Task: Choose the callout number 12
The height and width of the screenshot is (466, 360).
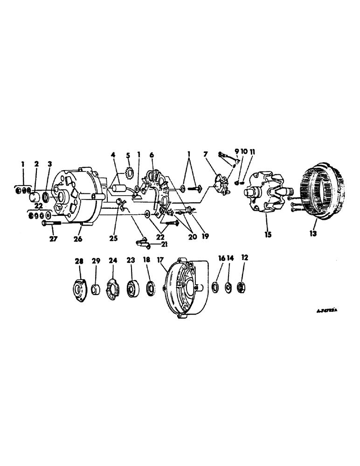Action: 245,258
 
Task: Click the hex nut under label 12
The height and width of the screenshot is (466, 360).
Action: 243,287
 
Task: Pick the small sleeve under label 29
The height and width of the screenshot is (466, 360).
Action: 95,289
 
